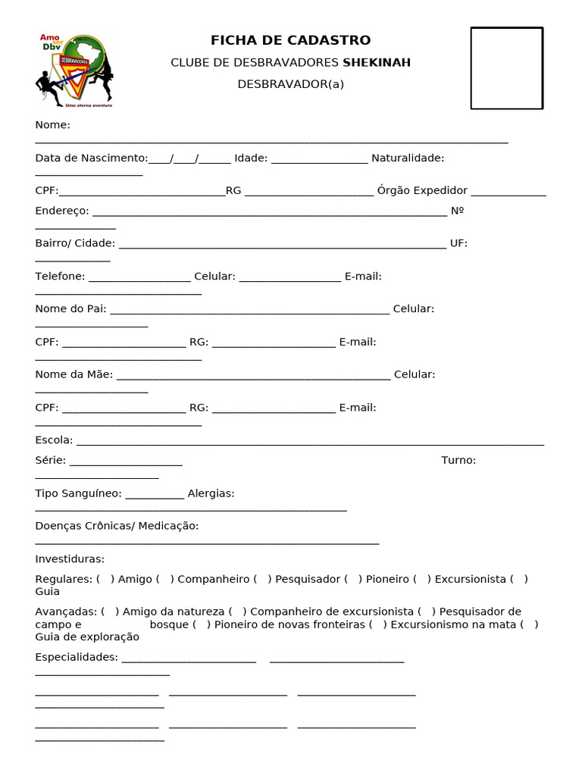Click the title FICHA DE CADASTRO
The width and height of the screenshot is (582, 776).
coord(290,40)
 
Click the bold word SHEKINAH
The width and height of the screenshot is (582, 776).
coord(377,62)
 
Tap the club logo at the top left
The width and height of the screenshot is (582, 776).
coord(74,70)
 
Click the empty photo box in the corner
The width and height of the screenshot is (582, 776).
coord(506,68)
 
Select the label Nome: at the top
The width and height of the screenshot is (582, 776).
coord(52,125)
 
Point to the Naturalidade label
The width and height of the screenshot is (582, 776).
coord(408,158)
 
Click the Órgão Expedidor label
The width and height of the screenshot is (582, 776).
coord(422,190)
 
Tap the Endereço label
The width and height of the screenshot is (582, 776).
coord(61,211)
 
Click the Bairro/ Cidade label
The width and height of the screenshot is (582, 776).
coord(75,243)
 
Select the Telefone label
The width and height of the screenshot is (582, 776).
coord(60,276)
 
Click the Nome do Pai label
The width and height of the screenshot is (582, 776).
coord(70,309)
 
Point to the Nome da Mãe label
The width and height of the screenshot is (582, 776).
coord(74,374)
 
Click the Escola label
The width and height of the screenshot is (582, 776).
coord(54,440)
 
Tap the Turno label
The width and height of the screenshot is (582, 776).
coord(458,460)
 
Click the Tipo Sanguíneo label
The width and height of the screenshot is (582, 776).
coord(78,493)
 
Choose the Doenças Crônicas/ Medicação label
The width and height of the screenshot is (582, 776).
coord(117,526)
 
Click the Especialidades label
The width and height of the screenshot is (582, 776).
coord(77,657)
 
